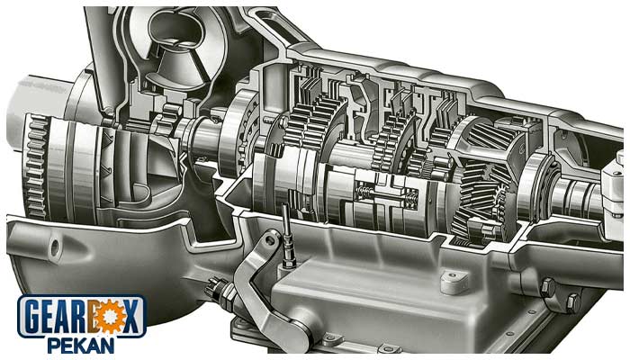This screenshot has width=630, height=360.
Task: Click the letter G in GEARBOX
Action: [x=35, y=317]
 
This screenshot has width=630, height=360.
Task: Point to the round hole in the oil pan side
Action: [x=53, y=245]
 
